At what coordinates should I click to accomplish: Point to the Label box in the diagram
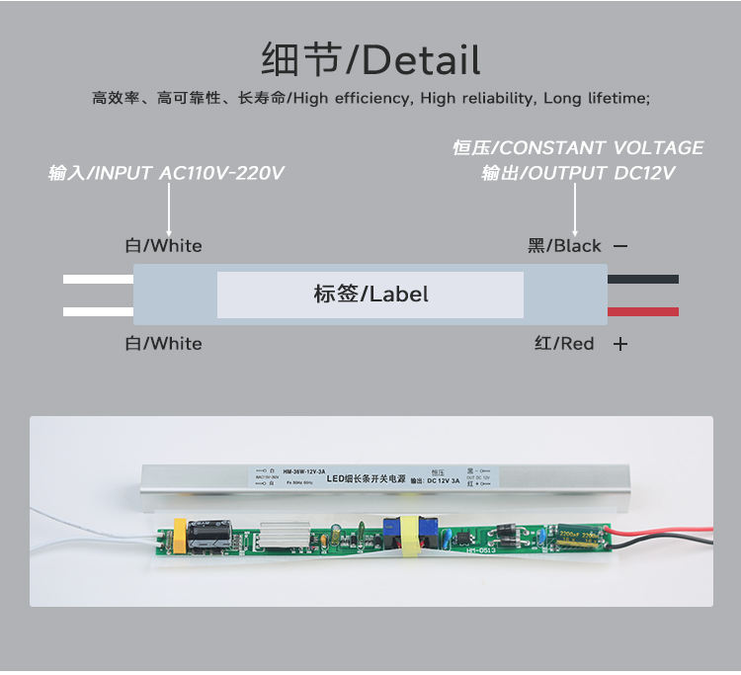(x=370, y=295)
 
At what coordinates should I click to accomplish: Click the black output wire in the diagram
(x=642, y=279)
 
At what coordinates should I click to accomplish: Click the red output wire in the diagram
(x=642, y=311)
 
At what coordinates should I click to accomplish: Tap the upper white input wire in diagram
(x=98, y=279)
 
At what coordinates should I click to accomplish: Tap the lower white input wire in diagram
(x=98, y=311)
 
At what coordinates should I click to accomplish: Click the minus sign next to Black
(x=620, y=246)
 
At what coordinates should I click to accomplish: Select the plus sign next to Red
(x=620, y=344)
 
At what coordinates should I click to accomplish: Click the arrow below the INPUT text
(x=169, y=210)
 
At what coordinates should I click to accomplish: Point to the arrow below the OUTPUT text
(x=576, y=210)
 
